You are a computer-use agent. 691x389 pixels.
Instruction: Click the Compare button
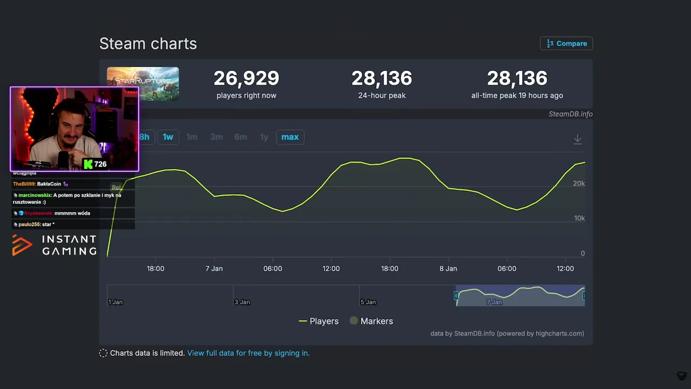566,43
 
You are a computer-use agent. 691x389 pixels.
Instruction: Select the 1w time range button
168,137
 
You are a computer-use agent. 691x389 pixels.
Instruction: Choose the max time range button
290,137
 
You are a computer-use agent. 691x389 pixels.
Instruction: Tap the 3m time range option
216,137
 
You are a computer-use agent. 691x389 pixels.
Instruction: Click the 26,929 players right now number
246,78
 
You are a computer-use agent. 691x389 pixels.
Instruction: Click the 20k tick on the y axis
579,184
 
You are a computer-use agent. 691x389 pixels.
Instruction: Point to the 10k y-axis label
579,218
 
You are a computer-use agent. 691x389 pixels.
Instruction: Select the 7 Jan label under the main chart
214,269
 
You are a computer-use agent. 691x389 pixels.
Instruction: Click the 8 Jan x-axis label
448,269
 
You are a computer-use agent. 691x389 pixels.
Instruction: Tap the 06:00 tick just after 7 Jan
273,269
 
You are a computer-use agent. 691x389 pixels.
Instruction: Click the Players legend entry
319,321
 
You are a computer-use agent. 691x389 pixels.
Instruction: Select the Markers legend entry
371,321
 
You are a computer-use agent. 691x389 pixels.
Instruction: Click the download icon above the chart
577,139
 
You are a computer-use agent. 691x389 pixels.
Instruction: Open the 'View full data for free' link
248,353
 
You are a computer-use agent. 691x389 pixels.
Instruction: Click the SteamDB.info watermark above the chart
571,114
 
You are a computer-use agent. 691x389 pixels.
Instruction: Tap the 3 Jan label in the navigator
242,302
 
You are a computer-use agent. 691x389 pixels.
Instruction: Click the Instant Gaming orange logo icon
22,245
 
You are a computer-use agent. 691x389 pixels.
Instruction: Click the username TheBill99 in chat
24,184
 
